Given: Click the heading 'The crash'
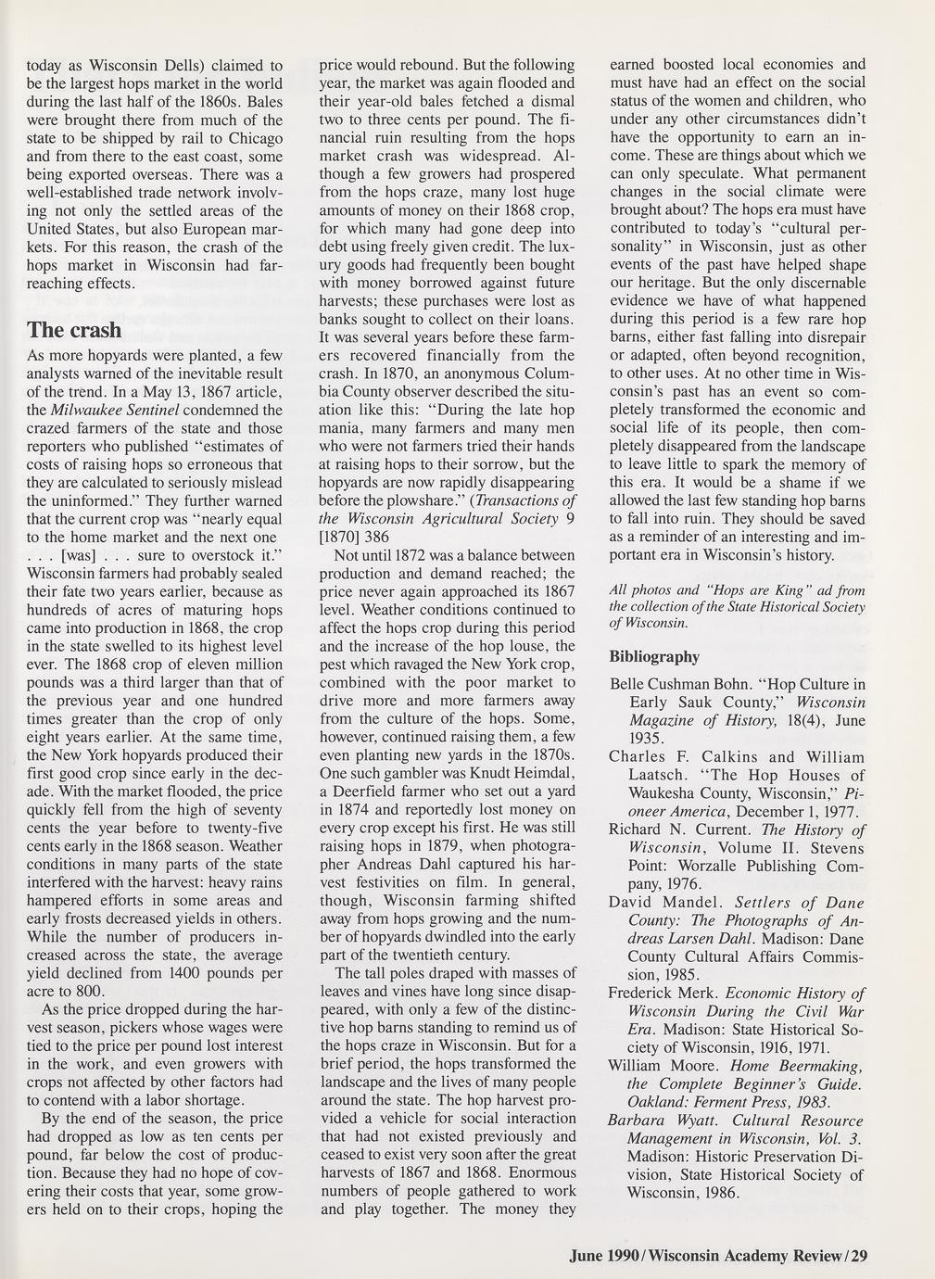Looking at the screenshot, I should pyautogui.click(x=74, y=331).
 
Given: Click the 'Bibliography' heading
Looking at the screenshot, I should pyautogui.click(x=654, y=657).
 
